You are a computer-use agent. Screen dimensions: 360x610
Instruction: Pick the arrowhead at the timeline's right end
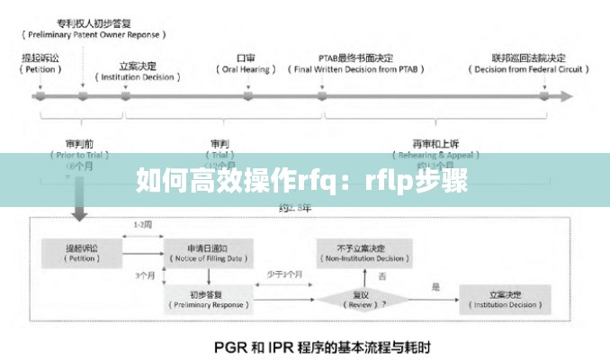click(x=566, y=94)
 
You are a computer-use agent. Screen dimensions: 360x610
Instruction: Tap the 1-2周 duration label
click(x=141, y=224)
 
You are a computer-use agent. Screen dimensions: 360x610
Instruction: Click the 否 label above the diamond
click(x=382, y=275)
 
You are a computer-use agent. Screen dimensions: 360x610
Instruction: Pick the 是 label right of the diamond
click(x=435, y=287)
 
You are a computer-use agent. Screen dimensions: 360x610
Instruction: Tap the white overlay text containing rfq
click(x=302, y=181)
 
